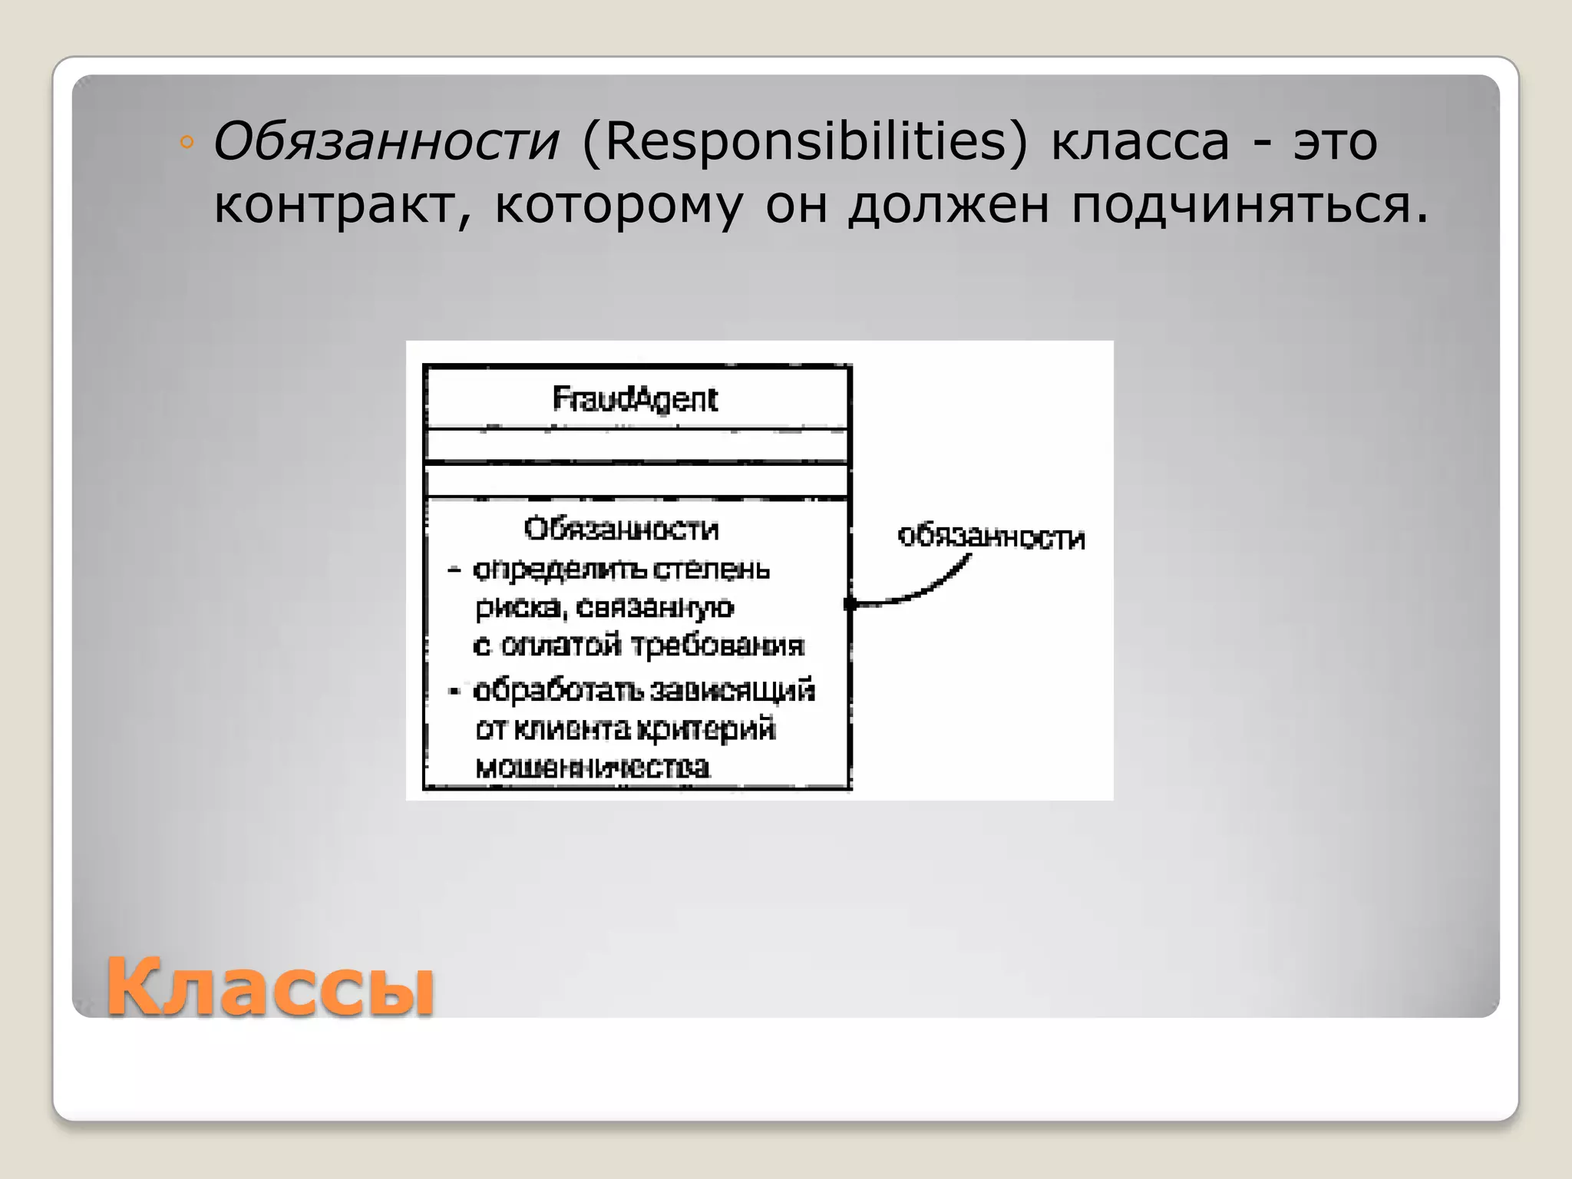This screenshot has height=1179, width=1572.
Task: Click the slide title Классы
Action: pos(269,987)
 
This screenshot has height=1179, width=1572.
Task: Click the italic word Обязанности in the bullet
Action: pos(386,143)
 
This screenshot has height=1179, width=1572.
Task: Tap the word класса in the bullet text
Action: pos(1140,143)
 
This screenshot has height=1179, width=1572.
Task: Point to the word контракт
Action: pos(340,206)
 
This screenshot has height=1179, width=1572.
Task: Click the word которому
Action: pos(619,206)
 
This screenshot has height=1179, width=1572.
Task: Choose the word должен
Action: pos(948,206)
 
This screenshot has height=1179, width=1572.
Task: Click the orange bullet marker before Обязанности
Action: pos(186,143)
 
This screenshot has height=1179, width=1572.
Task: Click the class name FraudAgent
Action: pos(635,399)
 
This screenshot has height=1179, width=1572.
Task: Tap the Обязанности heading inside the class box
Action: pos(621,529)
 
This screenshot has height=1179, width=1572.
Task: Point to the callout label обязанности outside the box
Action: pos(991,537)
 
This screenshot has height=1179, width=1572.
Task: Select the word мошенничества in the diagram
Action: pos(592,767)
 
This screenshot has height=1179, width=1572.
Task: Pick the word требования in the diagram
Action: pos(718,646)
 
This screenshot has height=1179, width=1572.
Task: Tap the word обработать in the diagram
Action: pos(558,691)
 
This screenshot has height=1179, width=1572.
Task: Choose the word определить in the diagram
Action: pos(558,570)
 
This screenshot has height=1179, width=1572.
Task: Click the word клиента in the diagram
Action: pos(571,728)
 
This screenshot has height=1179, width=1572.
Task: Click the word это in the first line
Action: pos(1335,143)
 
